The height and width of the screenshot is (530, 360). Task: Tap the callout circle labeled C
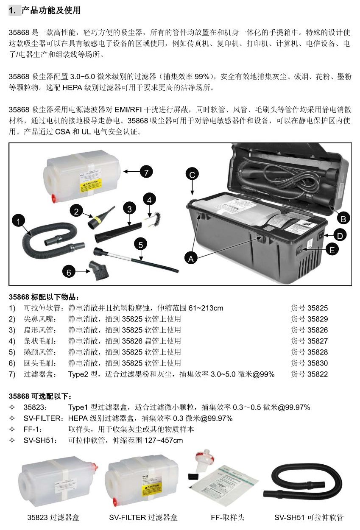192,174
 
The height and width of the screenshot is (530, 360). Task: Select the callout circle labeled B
343,219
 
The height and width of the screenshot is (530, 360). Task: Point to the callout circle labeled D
342,234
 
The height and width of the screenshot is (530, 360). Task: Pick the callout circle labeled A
191,257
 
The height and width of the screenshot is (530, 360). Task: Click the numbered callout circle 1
19,220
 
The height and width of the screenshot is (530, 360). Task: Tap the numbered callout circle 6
69,272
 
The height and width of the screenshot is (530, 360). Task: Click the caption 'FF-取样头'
227,517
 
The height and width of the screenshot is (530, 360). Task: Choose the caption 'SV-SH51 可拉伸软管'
309,517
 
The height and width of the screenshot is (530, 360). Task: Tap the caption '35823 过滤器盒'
53,517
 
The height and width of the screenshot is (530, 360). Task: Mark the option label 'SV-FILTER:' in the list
41,418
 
